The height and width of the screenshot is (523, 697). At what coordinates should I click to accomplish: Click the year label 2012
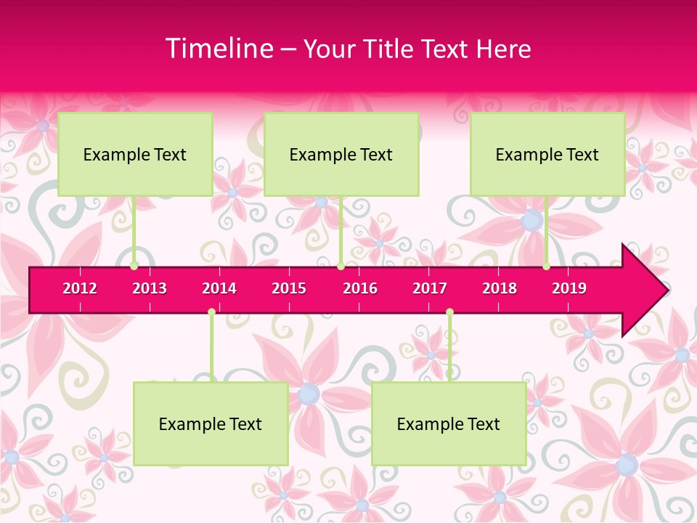click(80, 288)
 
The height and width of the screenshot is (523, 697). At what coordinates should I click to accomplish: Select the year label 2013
click(150, 288)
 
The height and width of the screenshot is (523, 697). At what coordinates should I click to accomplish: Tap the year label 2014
click(219, 288)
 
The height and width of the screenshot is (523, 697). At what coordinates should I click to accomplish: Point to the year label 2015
click(289, 288)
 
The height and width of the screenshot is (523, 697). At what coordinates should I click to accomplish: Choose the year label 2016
click(360, 288)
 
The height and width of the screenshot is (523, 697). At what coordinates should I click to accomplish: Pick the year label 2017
click(430, 288)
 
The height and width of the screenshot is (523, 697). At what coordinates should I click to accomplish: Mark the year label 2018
click(500, 288)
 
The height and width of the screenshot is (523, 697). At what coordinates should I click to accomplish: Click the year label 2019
click(569, 288)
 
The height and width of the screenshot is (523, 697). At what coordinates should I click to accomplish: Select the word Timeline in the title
click(219, 49)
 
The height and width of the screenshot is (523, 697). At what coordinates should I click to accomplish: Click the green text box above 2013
click(135, 154)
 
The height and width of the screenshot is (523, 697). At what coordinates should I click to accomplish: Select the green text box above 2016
click(341, 154)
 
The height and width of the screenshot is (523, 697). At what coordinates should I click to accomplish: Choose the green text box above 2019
click(547, 154)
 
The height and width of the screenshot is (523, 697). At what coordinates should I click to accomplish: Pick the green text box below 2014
click(211, 423)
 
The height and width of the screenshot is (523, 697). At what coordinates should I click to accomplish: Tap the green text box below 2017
click(449, 423)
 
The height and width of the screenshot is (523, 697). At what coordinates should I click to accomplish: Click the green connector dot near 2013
click(134, 266)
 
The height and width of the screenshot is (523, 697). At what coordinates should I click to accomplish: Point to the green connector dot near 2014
click(211, 312)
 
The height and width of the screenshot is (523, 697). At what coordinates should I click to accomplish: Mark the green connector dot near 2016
click(341, 266)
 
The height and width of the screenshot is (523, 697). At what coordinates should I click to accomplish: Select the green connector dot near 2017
click(449, 312)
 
